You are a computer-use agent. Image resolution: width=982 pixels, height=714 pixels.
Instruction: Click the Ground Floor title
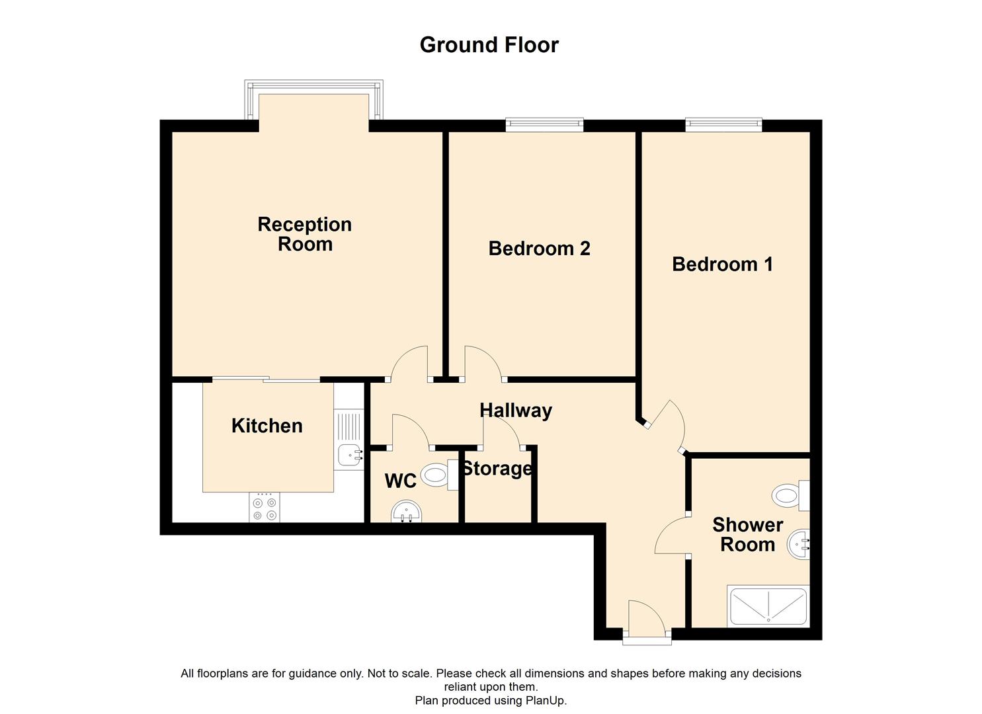pos(489,45)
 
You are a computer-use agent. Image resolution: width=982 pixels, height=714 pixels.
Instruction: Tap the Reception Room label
pos(304,234)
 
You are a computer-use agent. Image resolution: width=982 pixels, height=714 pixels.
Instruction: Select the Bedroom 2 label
pos(539,249)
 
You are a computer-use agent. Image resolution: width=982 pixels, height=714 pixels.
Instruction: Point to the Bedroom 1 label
pos(722,264)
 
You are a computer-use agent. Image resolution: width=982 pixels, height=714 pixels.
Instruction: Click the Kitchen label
pos(266,426)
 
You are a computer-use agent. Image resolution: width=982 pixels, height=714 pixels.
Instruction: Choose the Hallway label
pos(515,411)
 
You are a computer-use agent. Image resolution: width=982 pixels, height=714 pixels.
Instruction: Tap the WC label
pos(401,481)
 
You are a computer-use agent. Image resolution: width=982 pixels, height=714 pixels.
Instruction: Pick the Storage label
pos(497,469)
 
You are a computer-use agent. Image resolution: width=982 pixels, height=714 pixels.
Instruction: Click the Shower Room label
pos(747,535)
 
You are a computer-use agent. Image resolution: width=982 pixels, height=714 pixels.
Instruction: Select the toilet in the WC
pos(438,474)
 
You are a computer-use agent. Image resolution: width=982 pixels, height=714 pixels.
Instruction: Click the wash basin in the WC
pos(407,511)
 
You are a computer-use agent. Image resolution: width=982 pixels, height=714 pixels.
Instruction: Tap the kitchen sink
pos(349,455)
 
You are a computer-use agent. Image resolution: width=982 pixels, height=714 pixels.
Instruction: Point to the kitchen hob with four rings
pos(265,508)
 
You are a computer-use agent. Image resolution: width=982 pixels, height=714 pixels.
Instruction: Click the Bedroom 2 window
pos(545,124)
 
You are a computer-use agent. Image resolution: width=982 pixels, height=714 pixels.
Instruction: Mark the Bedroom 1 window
pos(723,124)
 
